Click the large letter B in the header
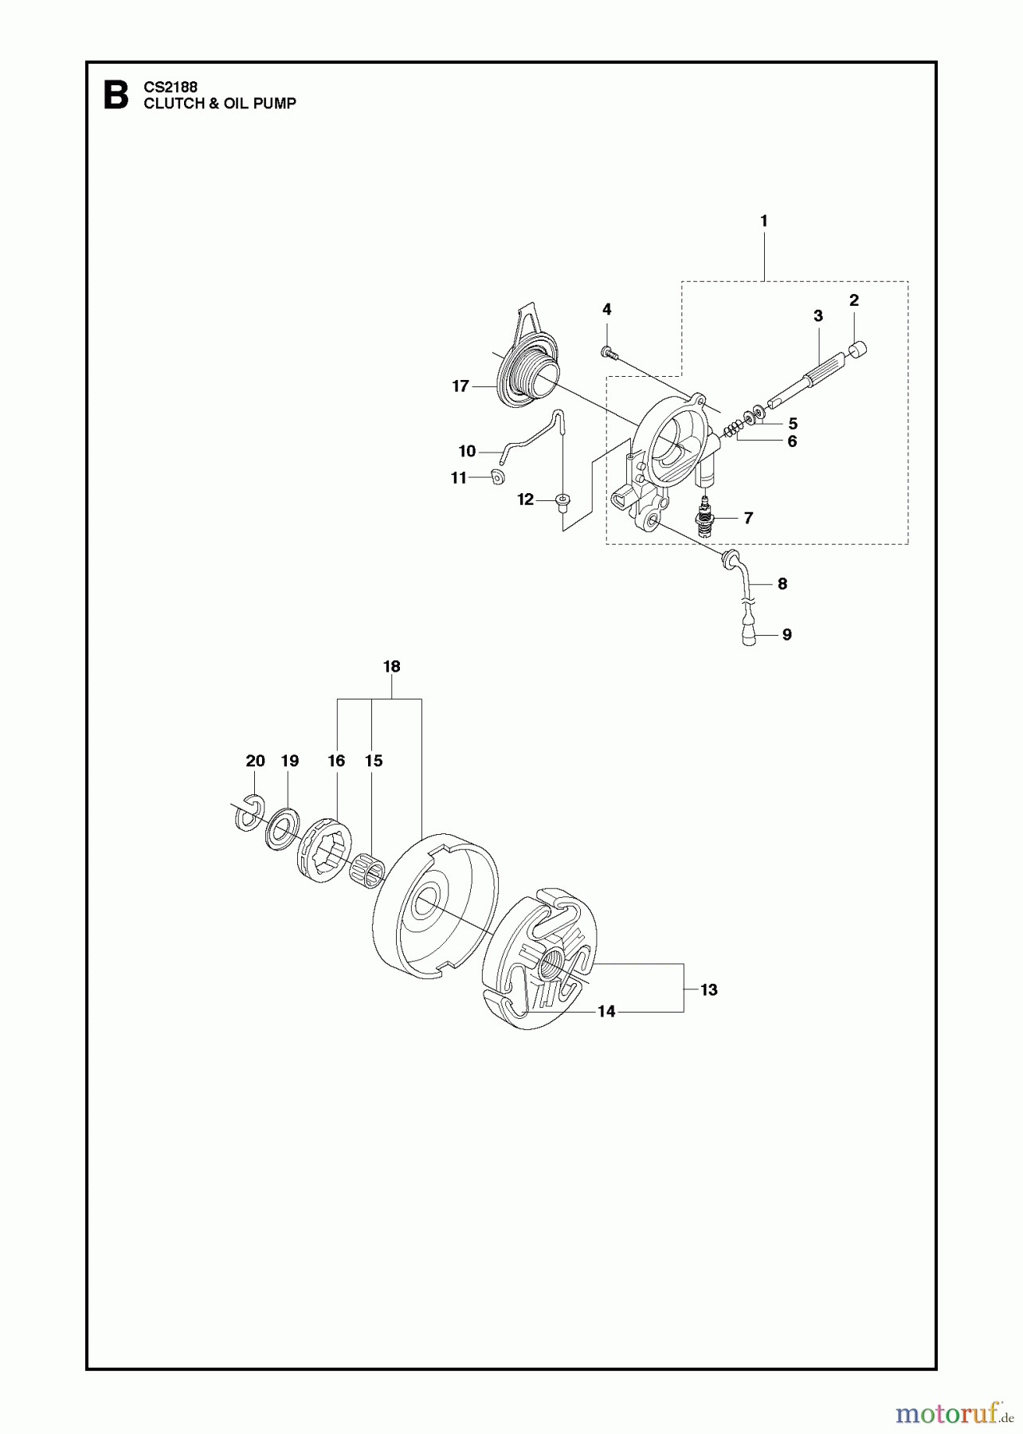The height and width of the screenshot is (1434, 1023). click(x=116, y=96)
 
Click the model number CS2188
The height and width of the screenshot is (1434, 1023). click(x=170, y=87)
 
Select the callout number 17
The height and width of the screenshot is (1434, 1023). click(x=461, y=386)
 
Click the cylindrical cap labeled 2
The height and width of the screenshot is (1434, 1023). click(x=857, y=350)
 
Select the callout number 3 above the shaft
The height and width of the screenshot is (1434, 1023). click(x=817, y=316)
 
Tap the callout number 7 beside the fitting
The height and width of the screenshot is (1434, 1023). click(x=748, y=518)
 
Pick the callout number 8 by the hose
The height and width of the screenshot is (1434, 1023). click(x=782, y=584)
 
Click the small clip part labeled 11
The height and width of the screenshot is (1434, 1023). click(x=498, y=476)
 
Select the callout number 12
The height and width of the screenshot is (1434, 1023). click(x=525, y=500)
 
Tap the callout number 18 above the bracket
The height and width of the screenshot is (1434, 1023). click(x=391, y=667)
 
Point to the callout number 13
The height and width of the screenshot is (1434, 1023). click(x=708, y=989)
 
